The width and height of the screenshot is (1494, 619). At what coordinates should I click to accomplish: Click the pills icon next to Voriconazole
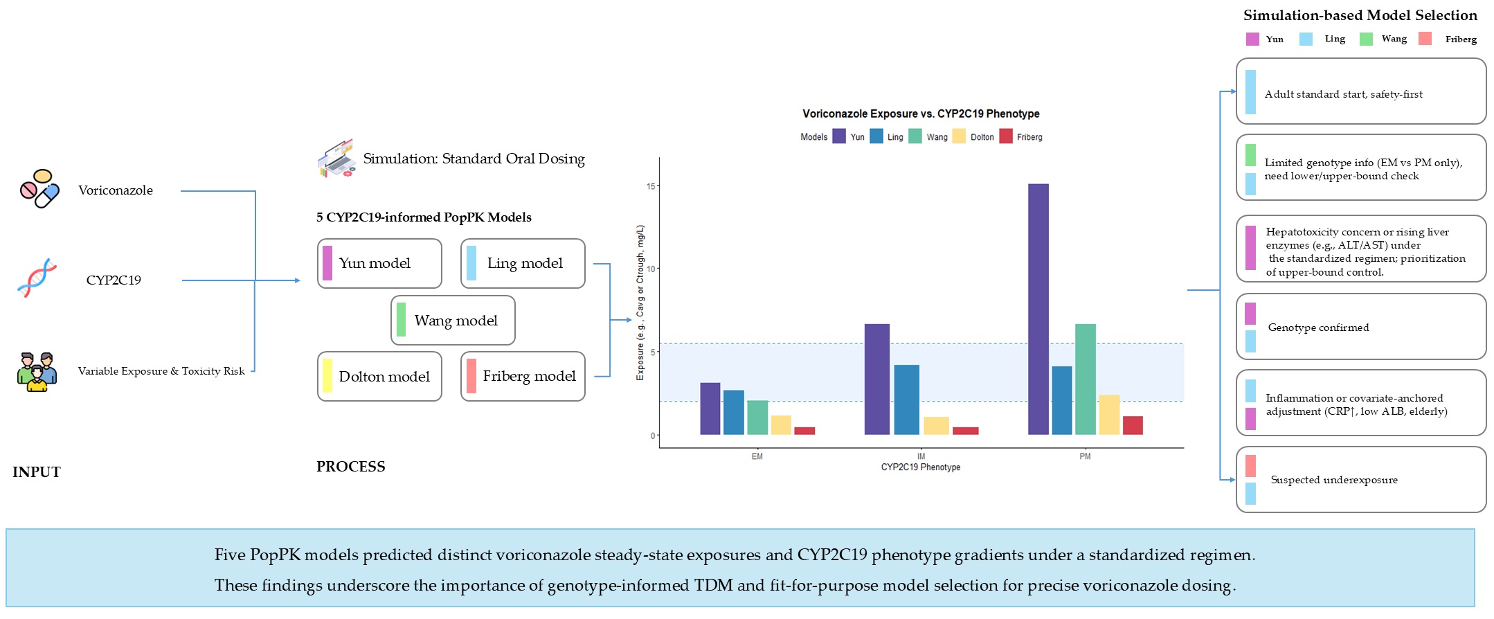coord(39,188)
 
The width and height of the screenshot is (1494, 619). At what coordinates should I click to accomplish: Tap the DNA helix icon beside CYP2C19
coord(37,278)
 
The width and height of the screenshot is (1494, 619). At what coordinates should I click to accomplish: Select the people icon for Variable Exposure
coord(37,372)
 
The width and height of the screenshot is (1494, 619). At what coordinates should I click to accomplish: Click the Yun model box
coord(379,264)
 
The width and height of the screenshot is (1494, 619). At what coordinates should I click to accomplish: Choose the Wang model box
coord(453,321)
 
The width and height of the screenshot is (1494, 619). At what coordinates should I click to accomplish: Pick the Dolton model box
coord(379,377)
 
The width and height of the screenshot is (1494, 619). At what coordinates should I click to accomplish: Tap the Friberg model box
coord(523,377)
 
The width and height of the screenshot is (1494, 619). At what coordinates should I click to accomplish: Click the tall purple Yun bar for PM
coord(1038,309)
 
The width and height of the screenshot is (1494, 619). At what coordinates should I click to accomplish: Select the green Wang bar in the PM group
coord(1085,379)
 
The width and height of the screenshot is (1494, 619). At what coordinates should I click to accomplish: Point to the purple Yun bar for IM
coord(876,379)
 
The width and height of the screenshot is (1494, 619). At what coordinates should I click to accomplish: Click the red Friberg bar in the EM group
coord(804,431)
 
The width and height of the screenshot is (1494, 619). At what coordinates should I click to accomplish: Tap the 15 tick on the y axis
coord(651,186)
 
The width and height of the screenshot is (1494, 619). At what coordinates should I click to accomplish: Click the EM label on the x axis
coord(757,456)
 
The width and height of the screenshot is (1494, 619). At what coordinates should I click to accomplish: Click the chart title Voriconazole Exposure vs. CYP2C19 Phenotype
coord(921,114)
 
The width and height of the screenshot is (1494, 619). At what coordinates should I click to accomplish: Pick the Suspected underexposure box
coord(1361,480)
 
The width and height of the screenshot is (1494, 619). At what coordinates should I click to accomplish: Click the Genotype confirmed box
coord(1361,327)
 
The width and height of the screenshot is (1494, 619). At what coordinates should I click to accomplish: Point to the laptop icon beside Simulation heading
coord(336,159)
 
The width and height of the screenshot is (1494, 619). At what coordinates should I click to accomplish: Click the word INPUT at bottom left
coord(37,472)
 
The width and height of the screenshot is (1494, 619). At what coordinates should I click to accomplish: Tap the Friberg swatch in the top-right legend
coord(1425,39)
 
